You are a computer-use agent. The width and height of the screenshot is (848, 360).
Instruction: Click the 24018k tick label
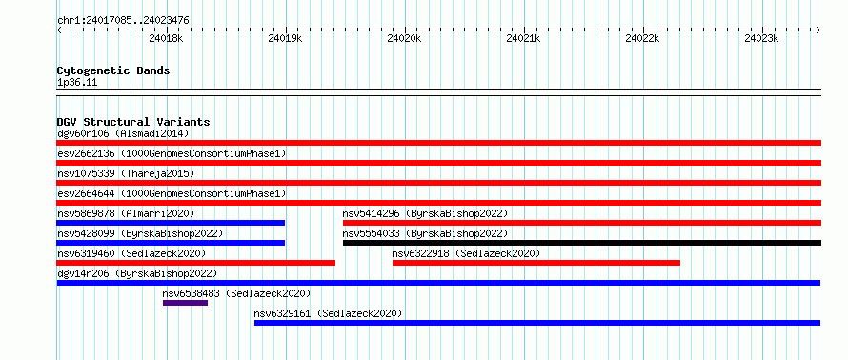click(x=166, y=39)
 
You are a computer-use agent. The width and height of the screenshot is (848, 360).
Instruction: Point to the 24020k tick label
click(x=405, y=39)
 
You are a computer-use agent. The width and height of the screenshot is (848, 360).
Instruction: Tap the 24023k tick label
click(x=761, y=39)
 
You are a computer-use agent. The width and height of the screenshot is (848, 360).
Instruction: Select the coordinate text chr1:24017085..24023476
click(x=123, y=21)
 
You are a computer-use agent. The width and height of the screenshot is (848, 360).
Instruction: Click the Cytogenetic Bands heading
click(x=113, y=70)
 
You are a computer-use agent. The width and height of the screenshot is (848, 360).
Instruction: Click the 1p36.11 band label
click(x=77, y=83)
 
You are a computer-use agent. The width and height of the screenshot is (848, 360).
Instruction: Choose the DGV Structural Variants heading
click(x=133, y=122)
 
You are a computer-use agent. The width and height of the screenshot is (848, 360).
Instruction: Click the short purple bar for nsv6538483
click(x=185, y=303)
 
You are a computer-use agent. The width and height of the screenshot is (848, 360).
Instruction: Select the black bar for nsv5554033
click(x=582, y=243)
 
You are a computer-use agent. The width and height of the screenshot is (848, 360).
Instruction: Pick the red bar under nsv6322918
click(x=535, y=263)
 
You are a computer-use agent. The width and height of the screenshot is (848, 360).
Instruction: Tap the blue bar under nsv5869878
click(x=171, y=223)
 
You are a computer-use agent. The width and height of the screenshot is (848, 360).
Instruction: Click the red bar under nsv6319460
click(x=195, y=263)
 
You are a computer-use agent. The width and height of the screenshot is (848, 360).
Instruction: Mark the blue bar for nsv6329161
click(x=537, y=323)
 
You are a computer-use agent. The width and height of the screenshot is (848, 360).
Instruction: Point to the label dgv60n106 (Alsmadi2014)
click(x=123, y=133)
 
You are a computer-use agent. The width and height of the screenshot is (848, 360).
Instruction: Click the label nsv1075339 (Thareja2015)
click(x=126, y=173)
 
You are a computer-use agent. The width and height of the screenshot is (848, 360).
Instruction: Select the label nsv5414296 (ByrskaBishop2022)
click(x=426, y=213)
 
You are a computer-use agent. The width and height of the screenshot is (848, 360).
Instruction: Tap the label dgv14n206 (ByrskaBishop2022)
click(x=137, y=273)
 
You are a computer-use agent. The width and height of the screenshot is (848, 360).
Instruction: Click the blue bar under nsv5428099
click(x=171, y=243)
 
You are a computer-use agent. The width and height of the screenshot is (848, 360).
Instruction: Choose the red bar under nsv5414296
click(x=582, y=223)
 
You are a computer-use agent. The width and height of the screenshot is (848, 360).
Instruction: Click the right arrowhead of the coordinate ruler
click(x=818, y=30)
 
